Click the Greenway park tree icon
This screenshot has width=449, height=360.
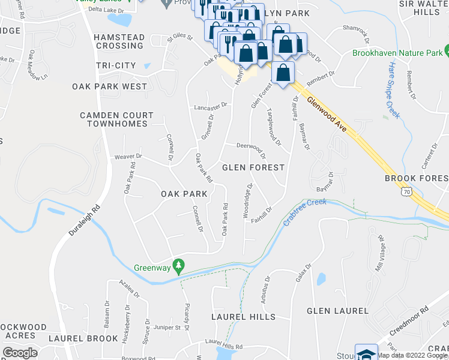(178, 265)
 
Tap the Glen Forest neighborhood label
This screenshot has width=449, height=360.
(253, 168)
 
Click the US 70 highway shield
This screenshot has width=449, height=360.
(407, 192)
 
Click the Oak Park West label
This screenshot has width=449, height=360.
(109, 86)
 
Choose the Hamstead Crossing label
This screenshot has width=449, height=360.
(119, 41)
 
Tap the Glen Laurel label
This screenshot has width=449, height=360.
(337, 311)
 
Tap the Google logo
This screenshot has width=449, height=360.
(20, 353)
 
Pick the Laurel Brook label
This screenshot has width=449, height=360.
(83, 338)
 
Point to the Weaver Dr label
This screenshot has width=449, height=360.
(127, 157)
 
